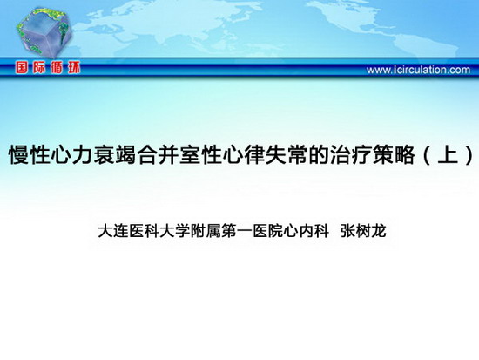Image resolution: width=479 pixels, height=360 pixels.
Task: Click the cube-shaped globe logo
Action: point(44,33)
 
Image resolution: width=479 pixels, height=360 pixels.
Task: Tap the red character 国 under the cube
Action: point(22,68)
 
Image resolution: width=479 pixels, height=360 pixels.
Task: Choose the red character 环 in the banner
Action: point(74,68)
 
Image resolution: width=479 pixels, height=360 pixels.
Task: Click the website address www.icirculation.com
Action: point(418,70)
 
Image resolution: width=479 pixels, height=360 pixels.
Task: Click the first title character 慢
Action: point(19,154)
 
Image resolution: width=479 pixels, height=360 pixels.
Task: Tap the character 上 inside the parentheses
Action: point(448,154)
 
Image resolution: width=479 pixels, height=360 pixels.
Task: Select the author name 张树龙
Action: point(363,231)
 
